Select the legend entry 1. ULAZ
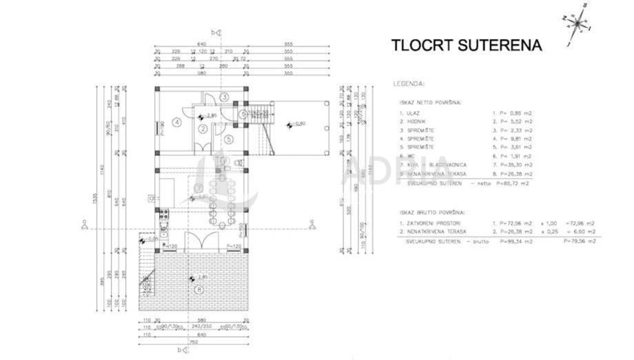click(409, 112)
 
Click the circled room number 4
click(177, 123)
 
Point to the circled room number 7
click(198, 188)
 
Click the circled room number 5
click(229, 138)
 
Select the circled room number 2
click(203, 128)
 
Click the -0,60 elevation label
click(298, 124)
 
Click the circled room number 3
click(224, 97)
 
